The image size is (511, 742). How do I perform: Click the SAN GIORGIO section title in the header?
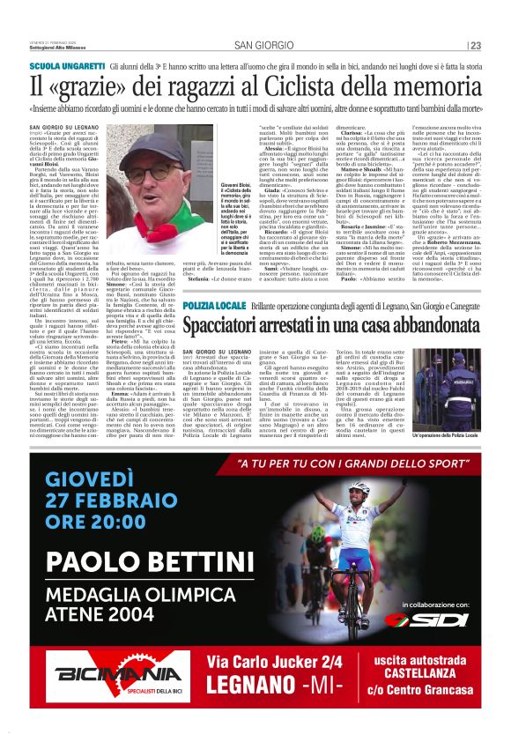click(x=256, y=46)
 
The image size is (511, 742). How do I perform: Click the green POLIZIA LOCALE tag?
click(x=211, y=304)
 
